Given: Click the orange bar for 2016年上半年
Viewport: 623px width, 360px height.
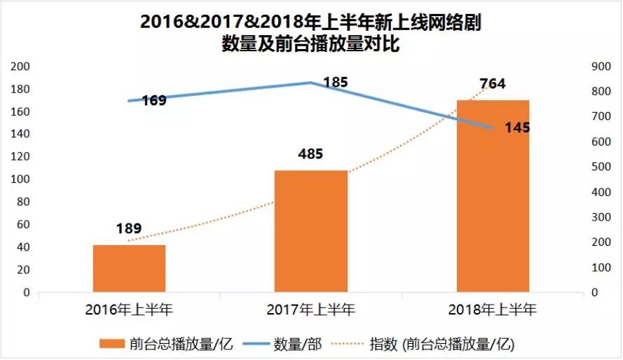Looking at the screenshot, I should (x=129, y=268).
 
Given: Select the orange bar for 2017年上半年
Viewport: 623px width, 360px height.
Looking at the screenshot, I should (x=311, y=231).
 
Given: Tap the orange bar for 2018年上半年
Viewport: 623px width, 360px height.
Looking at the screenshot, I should (x=493, y=196).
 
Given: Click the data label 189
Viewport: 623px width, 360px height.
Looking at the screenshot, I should (x=129, y=228).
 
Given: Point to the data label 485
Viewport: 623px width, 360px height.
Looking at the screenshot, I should (x=310, y=154).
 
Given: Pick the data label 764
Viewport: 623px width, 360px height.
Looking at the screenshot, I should (x=492, y=84).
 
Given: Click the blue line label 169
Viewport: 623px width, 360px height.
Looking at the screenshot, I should (x=153, y=100).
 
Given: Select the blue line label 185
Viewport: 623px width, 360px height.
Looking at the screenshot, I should (x=335, y=83).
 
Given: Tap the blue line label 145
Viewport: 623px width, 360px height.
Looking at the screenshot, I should (x=517, y=128).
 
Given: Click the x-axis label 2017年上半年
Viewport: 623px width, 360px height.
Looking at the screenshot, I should (x=311, y=309).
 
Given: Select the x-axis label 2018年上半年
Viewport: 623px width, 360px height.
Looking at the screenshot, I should (x=493, y=309).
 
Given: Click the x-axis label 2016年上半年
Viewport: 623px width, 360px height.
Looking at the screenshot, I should (x=129, y=309).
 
